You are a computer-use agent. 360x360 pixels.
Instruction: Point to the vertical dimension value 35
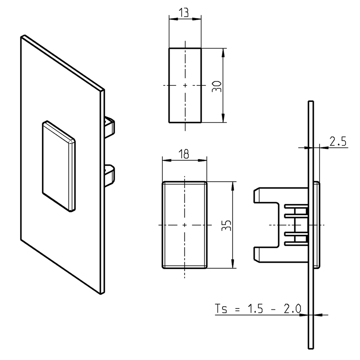(x=227, y=225)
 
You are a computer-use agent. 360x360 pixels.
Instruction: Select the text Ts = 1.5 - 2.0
(x=258, y=309)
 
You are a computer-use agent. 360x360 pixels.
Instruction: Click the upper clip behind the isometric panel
(x=110, y=127)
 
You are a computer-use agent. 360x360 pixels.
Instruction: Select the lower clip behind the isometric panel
(x=110, y=174)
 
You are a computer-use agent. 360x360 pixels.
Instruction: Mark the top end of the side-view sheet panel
(x=310, y=103)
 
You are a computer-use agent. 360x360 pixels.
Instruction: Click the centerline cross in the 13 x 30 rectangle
(x=185, y=85)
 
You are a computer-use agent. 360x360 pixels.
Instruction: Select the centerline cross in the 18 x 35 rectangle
(x=185, y=225)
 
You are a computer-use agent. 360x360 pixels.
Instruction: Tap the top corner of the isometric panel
(x=23, y=36)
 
